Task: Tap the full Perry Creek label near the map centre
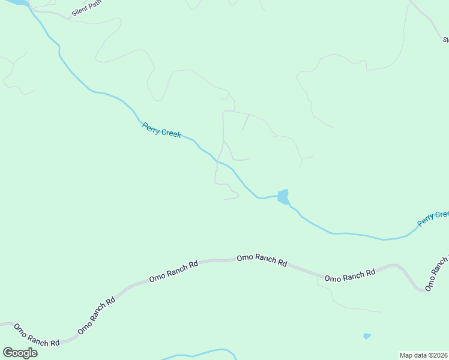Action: click(x=161, y=130)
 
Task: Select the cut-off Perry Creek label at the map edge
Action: click(x=433, y=218)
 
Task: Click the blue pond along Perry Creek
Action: click(x=283, y=196)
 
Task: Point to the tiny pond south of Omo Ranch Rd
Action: click(x=367, y=336)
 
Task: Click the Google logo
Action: click(x=20, y=353)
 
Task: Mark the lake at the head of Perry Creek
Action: click(x=15, y=2)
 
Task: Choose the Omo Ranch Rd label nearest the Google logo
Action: click(x=37, y=335)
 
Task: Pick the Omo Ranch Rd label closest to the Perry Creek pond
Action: click(x=262, y=259)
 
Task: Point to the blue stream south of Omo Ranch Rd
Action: click(x=198, y=353)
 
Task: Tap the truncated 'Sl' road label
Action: click(x=446, y=40)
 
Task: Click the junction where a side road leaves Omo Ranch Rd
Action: click(x=318, y=277)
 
